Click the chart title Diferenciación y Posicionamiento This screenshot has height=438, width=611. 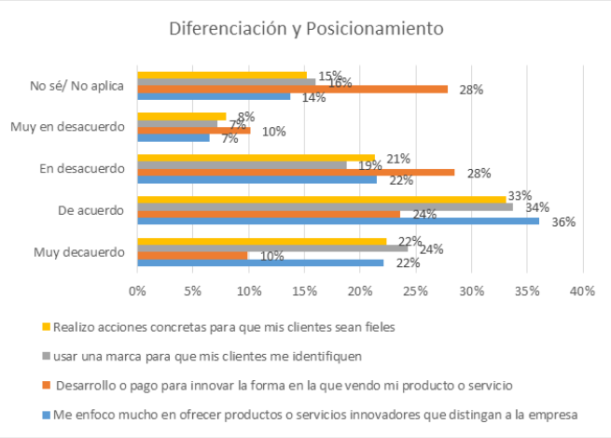pyautogui.click(x=306, y=28)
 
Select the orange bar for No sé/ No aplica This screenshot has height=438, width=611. pyautogui.click(x=292, y=90)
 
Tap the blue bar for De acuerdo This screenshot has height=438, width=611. pyautogui.click(x=338, y=221)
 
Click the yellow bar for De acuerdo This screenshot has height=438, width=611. pyautogui.click(x=321, y=198)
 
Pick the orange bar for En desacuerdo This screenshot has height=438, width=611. pyautogui.click(x=296, y=172)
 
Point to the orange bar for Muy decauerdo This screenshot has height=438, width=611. pyautogui.click(x=192, y=255)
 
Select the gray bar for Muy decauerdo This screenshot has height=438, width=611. pyautogui.click(x=271, y=247)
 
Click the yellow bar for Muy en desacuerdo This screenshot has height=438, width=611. pyautogui.click(x=181, y=117)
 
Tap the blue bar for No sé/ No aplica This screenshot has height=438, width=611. pyautogui.click(x=214, y=96)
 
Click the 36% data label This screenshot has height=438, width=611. pyautogui.click(x=562, y=222)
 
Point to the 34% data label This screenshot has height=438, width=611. pyautogui.click(x=536, y=207)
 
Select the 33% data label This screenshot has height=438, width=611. pyautogui.click(x=520, y=196)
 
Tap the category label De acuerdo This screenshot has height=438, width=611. pyautogui.click(x=92, y=211)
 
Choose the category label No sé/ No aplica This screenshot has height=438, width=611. pyautogui.click(x=77, y=85)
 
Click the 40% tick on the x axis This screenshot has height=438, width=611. pyautogui.click(x=582, y=290)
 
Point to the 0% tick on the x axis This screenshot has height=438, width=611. pyautogui.click(x=137, y=290)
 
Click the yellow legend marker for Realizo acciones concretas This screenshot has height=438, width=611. pyautogui.click(x=46, y=327)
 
